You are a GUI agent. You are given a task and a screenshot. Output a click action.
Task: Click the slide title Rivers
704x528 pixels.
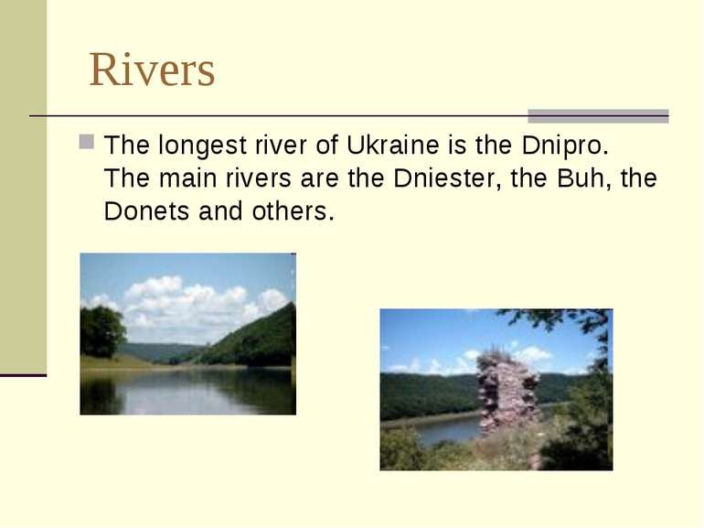tap(152, 70)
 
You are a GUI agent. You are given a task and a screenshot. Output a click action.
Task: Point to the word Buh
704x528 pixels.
tap(578, 178)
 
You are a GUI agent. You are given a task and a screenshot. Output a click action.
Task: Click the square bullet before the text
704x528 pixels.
tap(86, 144)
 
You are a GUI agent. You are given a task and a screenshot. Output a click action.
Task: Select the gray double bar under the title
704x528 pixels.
tap(598, 116)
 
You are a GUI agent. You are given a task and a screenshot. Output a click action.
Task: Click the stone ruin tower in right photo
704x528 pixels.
tap(507, 392)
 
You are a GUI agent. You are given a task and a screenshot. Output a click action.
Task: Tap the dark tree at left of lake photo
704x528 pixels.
tap(101, 330)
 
